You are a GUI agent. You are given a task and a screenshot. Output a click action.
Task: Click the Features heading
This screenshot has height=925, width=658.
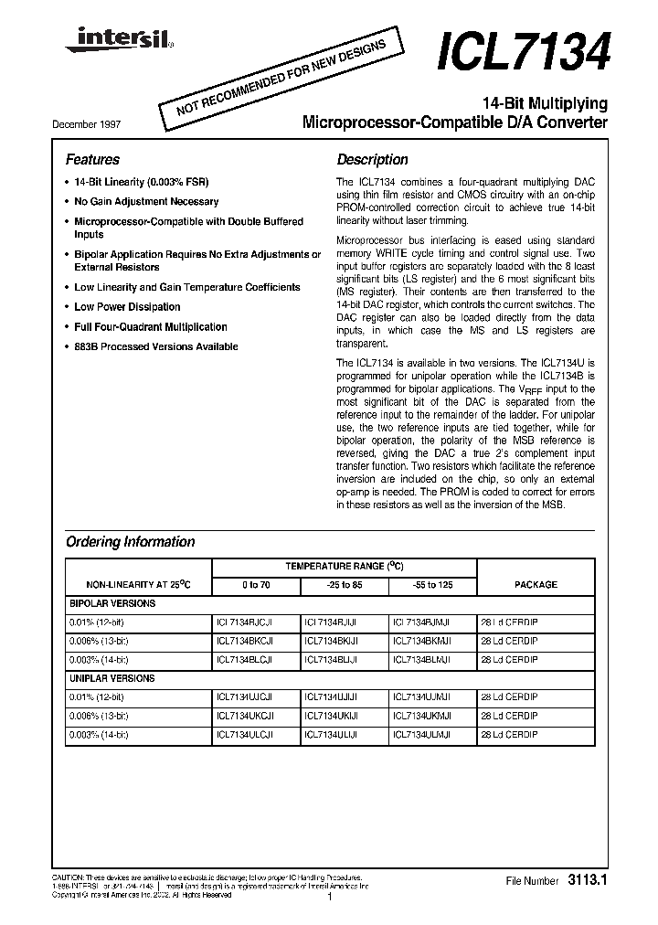click(92, 159)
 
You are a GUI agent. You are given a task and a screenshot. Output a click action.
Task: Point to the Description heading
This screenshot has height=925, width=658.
click(372, 159)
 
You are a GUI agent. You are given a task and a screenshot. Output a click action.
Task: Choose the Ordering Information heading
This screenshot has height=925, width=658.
click(130, 542)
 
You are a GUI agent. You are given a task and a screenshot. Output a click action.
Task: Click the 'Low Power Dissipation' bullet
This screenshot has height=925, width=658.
click(127, 307)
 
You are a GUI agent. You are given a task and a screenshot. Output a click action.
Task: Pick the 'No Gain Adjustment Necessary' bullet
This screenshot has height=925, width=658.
click(146, 201)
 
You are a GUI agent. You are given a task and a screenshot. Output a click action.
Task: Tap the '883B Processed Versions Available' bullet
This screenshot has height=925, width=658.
click(155, 346)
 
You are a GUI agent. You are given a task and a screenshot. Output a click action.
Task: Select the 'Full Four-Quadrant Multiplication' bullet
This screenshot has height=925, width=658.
click(150, 326)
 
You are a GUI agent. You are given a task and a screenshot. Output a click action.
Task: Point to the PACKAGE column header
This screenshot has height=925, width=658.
click(536, 584)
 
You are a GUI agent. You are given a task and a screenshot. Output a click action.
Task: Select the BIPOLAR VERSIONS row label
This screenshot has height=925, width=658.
click(112, 603)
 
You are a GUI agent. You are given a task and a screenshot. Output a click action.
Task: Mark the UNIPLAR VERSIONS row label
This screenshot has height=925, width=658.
click(112, 678)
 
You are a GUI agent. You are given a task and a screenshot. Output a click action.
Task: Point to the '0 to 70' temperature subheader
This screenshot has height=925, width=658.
click(256, 584)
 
